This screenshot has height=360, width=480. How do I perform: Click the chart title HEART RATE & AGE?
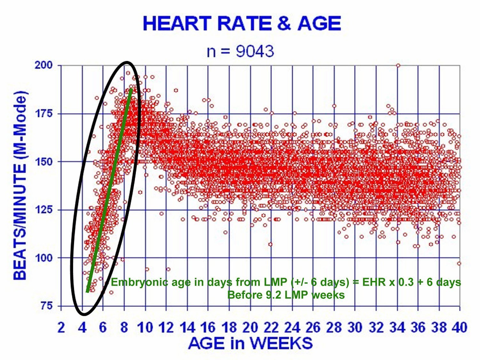[242, 23]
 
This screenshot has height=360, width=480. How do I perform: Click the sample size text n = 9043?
[240, 51]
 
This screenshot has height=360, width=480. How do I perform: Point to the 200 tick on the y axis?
[44, 65]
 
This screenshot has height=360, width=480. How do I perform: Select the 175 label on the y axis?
[44, 114]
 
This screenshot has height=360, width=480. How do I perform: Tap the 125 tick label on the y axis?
[44, 210]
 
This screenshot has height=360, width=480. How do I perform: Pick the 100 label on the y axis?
[44, 258]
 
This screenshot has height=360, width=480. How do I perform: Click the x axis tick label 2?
[61, 328]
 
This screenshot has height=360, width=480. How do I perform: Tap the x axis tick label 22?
[271, 328]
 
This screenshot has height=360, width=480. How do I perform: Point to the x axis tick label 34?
[397, 328]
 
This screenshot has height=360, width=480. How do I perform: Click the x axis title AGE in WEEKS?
[250, 343]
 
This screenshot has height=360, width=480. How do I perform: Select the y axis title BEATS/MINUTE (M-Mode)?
[20, 186]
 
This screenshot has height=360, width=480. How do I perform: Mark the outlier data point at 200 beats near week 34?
[398, 66]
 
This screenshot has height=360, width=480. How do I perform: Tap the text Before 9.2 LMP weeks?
[286, 295]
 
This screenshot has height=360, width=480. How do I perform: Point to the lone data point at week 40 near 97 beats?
[459, 263]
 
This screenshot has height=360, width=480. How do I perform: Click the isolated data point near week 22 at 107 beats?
[270, 244]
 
